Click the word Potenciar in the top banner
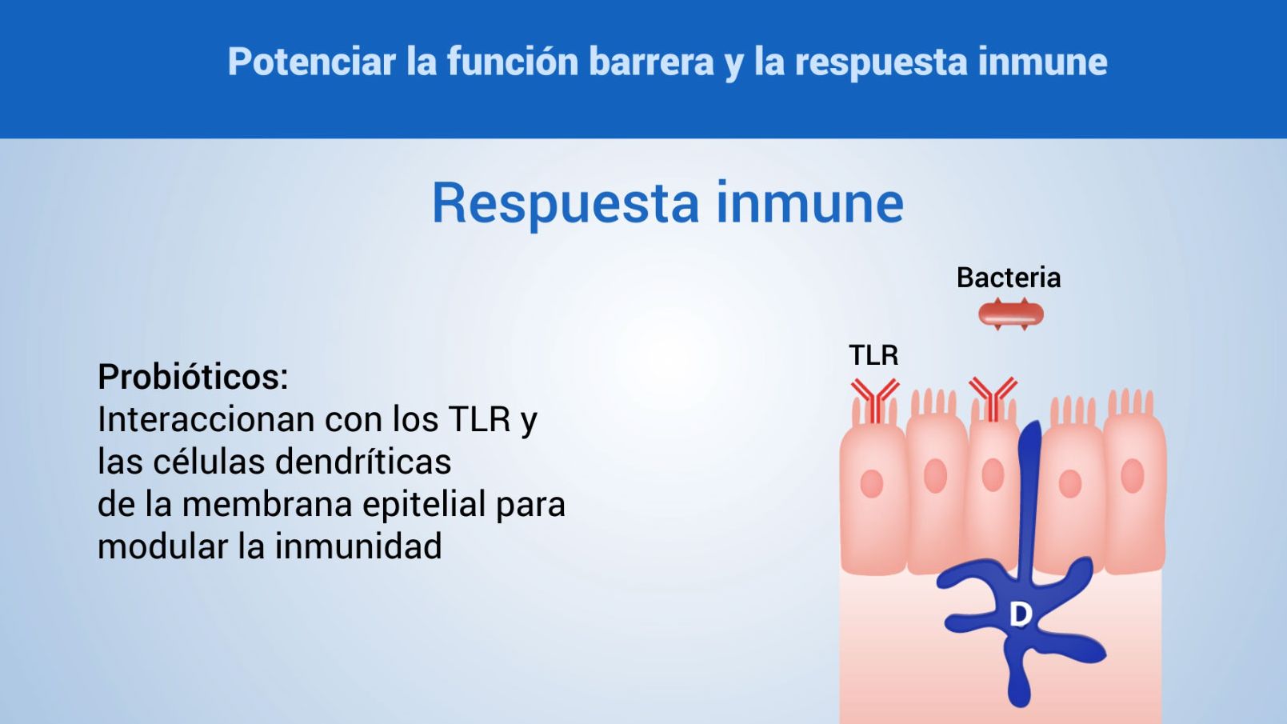(311, 62)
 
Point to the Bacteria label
(1008, 278)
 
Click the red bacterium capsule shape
(1011, 314)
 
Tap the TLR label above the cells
(873, 354)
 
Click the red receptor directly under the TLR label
(874, 399)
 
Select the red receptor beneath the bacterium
(993, 398)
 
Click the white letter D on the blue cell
(1020, 614)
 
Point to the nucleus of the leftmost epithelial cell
(871, 483)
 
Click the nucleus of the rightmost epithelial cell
(1132, 476)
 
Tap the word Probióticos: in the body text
(193, 377)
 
